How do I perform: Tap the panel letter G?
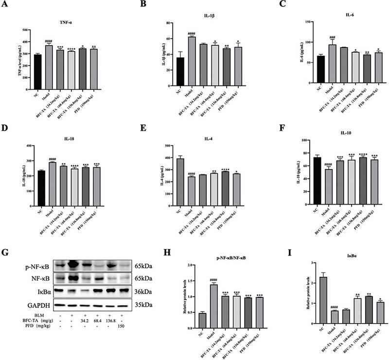pos(6,254)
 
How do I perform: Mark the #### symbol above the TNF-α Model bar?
pos(48,41)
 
